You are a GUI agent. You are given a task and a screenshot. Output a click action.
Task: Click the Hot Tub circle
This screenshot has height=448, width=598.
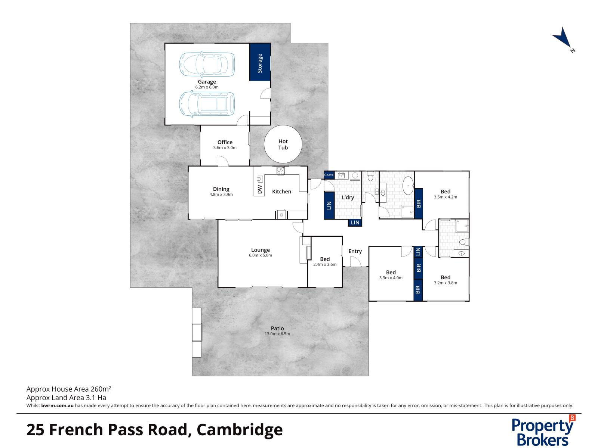[283, 144]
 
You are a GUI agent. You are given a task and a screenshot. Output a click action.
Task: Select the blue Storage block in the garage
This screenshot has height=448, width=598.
[260, 62]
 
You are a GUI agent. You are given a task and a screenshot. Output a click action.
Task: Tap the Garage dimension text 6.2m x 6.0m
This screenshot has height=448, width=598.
[207, 87]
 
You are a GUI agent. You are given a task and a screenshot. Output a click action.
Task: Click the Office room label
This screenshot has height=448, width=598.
[225, 142]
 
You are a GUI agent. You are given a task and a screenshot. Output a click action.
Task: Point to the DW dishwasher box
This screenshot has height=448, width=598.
[259, 189]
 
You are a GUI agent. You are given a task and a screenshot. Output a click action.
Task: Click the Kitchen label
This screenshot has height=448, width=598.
[281, 192]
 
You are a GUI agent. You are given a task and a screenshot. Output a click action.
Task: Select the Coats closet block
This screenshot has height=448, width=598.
[329, 175]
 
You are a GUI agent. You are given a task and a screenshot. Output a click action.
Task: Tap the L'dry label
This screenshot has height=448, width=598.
[348, 197]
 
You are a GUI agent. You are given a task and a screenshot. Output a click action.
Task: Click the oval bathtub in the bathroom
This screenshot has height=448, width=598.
[408, 186]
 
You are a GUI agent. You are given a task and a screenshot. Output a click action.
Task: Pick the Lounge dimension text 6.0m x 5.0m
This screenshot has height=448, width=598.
[261, 255]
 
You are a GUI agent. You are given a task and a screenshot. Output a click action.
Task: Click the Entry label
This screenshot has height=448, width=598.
[355, 251]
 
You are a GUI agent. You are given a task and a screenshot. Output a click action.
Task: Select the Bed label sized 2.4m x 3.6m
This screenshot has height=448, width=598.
[325, 259]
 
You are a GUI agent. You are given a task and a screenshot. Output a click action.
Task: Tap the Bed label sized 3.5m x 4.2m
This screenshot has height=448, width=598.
[445, 192]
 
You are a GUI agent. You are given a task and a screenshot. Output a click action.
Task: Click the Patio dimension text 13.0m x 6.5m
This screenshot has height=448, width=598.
[277, 334]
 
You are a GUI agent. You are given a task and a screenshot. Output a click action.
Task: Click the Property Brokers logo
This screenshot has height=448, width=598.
[543, 431]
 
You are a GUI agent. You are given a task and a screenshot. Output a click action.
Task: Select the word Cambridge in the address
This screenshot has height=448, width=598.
[240, 430]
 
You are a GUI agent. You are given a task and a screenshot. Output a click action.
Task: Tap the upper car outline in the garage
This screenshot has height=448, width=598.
[207, 63]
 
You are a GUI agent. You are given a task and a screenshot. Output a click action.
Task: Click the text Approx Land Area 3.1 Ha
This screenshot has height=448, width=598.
[66, 398]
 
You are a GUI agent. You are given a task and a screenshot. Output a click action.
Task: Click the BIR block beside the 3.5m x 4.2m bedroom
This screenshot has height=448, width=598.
[419, 203]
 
